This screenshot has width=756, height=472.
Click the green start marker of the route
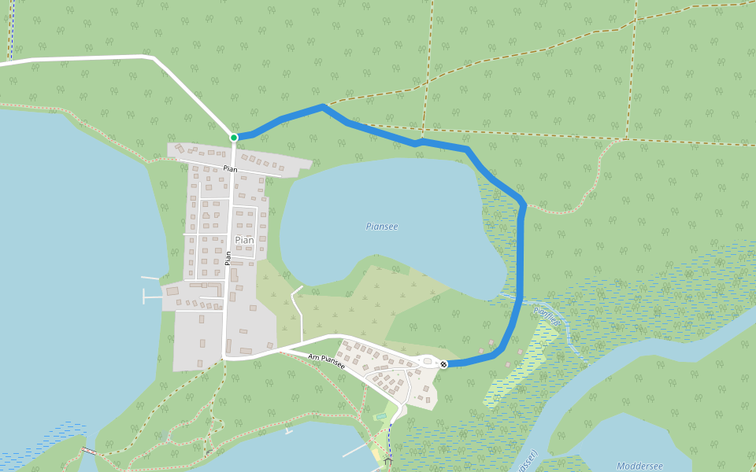tap(234, 138)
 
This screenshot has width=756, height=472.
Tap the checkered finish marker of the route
tap(444, 363)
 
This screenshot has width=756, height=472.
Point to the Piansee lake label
tap(382, 227)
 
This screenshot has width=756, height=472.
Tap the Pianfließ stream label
tap(547, 316)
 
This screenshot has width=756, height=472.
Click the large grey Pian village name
tap(244, 240)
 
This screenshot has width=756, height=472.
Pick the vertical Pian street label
tap(228, 257)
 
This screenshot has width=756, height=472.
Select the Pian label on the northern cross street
tap(230, 168)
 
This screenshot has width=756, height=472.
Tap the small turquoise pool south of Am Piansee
tap(381, 416)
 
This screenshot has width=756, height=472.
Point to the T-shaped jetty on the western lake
tap(150, 296)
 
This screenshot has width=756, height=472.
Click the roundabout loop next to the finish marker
tap(428, 361)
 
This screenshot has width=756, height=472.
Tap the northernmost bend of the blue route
tap(322, 106)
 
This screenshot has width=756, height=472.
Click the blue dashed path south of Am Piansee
tap(390, 437)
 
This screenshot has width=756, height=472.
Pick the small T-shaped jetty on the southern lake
tap(288, 431)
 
